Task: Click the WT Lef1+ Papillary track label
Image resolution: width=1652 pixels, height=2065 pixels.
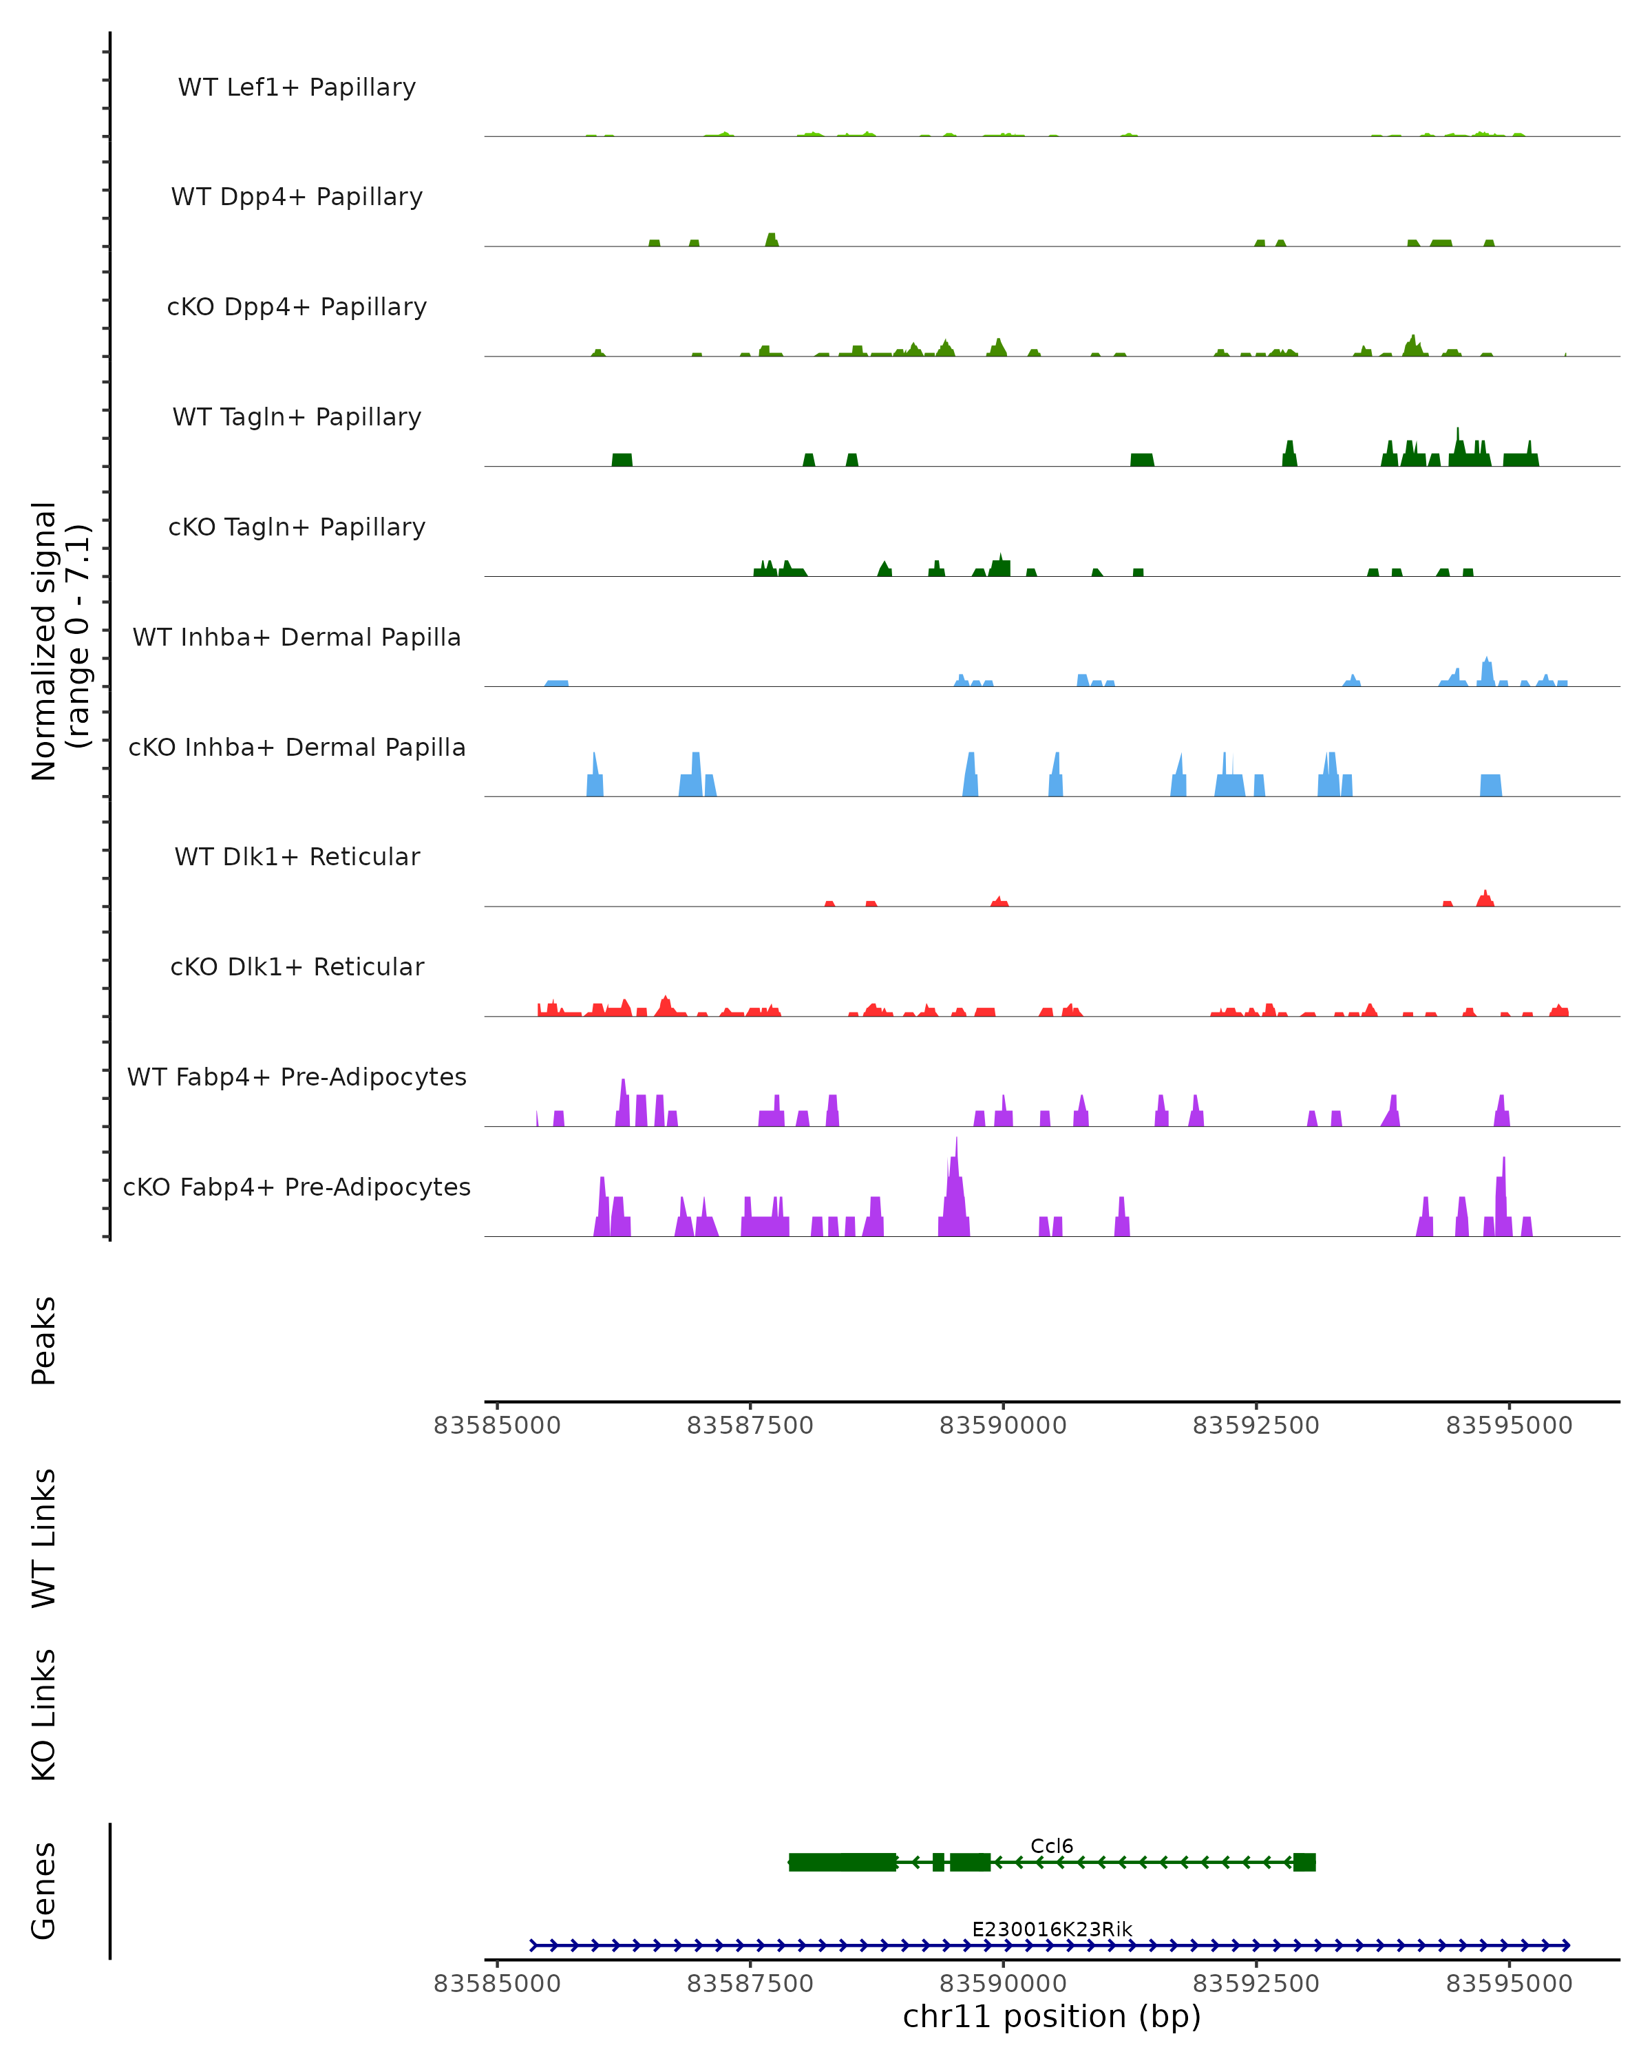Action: pyautogui.click(x=297, y=87)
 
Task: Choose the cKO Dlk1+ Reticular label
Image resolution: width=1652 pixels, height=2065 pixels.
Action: pyautogui.click(x=297, y=966)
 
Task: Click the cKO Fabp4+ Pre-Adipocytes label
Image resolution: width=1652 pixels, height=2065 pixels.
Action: pyautogui.click(x=297, y=1187)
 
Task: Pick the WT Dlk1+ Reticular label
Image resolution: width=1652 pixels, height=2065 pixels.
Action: pyautogui.click(x=297, y=856)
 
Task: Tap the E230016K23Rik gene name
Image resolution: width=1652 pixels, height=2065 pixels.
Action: pyautogui.click(x=1052, y=1929)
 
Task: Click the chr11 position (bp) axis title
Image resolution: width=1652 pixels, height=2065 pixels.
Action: pyautogui.click(x=1052, y=2016)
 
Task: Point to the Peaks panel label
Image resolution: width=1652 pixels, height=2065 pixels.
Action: pyautogui.click(x=44, y=1341)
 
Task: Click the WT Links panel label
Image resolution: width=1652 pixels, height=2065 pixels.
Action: pyautogui.click(x=44, y=1537)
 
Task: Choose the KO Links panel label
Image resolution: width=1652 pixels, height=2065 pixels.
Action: pyautogui.click(x=44, y=1715)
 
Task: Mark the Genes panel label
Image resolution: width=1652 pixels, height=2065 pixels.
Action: pyautogui.click(x=44, y=1891)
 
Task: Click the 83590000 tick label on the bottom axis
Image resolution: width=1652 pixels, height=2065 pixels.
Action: pyautogui.click(x=1003, y=1984)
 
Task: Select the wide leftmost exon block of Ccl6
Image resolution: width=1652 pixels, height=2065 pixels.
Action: pyautogui.click(x=843, y=1862)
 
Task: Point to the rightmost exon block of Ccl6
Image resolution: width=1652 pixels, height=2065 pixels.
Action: pyautogui.click(x=1304, y=1862)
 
